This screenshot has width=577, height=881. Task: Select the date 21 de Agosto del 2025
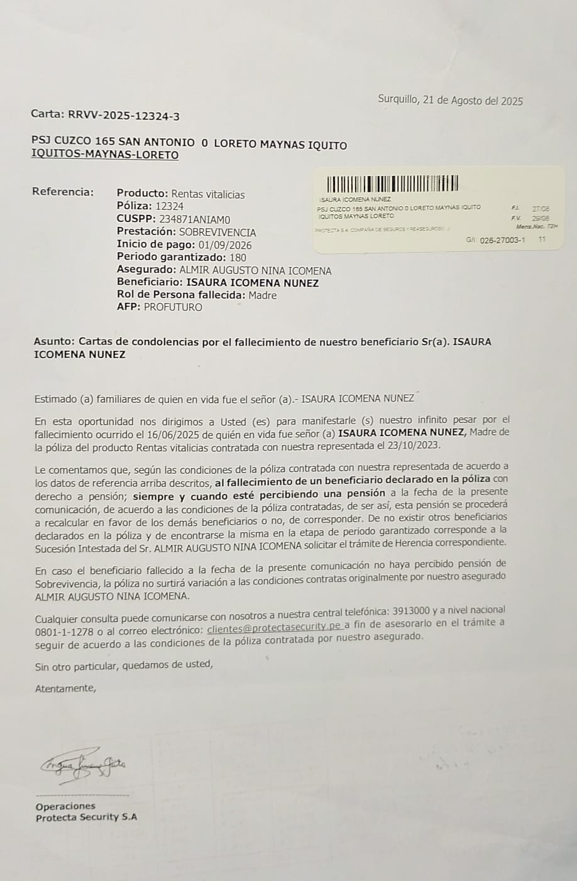[473, 101]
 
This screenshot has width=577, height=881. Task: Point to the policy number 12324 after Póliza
[170, 206]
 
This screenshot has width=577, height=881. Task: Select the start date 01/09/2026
[224, 244]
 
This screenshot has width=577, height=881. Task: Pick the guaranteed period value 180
[238, 257]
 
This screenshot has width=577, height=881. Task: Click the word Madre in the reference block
[262, 295]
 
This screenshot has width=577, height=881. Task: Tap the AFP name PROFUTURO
[173, 307]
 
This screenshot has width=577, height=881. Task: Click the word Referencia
[63, 192]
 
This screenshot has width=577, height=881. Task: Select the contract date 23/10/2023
[417, 446]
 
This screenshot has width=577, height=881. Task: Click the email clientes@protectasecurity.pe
[275, 627]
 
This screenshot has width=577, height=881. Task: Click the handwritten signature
[82, 764]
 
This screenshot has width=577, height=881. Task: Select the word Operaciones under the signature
[65, 806]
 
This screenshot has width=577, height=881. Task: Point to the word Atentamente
[66, 688]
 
